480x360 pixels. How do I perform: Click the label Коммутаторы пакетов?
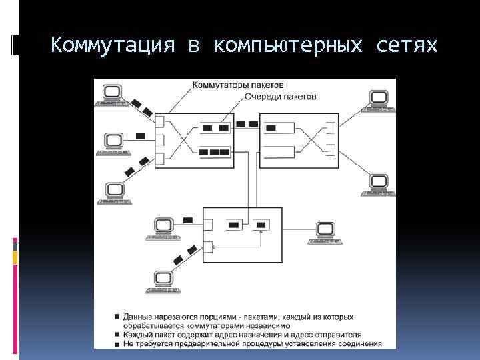coord(238,85)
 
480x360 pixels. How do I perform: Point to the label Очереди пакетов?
coord(280,97)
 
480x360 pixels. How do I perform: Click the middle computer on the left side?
coord(113,143)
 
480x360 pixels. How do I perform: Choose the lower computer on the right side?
coord(378,184)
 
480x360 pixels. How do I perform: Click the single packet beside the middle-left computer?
coord(139,136)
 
